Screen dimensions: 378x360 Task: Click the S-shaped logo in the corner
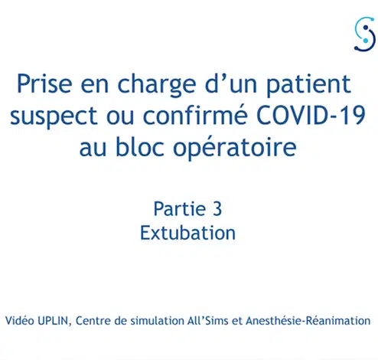coord(365,34)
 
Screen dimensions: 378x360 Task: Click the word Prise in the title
coord(44,83)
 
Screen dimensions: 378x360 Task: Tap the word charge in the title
coord(157,86)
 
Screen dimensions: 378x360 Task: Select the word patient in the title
coord(308,85)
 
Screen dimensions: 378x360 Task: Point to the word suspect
coord(54,116)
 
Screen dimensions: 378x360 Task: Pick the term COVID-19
coord(311,115)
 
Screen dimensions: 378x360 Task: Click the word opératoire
coord(235,148)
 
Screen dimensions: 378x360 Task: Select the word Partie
coord(180,208)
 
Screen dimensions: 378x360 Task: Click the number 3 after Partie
coord(217,209)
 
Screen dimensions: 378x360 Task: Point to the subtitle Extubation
coord(187,233)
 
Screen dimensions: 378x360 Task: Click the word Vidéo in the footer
coord(20,320)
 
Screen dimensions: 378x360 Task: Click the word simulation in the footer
coord(157,320)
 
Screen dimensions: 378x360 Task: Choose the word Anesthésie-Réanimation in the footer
coord(308,320)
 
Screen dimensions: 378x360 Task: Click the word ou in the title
coord(120,116)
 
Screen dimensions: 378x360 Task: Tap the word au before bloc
coord(93,148)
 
